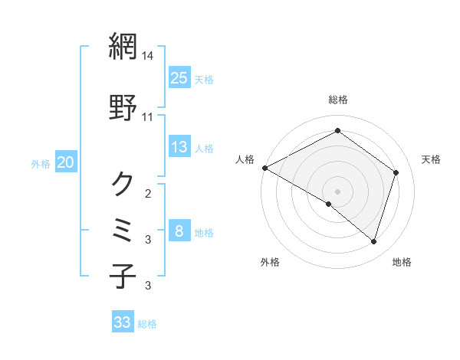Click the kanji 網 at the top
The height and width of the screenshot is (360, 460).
pyautogui.click(x=123, y=47)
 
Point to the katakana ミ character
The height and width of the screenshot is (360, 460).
pyautogui.click(x=123, y=229)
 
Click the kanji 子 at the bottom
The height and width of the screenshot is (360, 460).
pyautogui.click(x=123, y=276)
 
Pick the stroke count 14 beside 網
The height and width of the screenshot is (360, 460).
pyautogui.click(x=149, y=56)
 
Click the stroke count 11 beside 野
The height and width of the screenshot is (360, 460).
pyautogui.click(x=149, y=116)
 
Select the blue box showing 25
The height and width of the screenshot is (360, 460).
pyautogui.click(x=179, y=78)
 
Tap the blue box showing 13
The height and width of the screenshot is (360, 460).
pyautogui.click(x=179, y=147)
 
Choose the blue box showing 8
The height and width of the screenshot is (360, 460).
pyautogui.click(x=179, y=231)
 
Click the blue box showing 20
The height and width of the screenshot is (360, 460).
pyautogui.click(x=66, y=162)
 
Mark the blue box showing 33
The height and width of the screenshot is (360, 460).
pyautogui.click(x=123, y=322)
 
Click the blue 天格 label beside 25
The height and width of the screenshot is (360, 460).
pyautogui.click(x=204, y=80)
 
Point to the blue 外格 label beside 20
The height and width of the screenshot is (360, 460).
pyautogui.click(x=41, y=164)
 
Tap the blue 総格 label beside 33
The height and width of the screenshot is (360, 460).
pyautogui.click(x=147, y=324)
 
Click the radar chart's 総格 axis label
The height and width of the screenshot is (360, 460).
pyautogui.click(x=337, y=100)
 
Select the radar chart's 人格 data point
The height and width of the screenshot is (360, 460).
pyautogui.click(x=264, y=168)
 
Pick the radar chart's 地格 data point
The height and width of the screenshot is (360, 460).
pyautogui.click(x=373, y=242)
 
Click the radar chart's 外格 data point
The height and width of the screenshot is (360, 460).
pyautogui.click(x=329, y=204)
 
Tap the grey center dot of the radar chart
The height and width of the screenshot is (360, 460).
pyautogui.click(x=337, y=191)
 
